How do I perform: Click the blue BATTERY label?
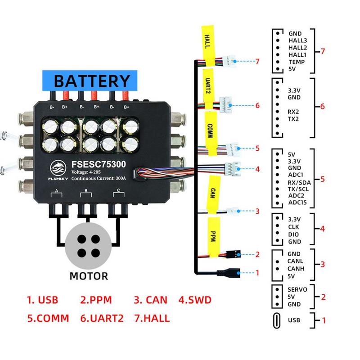pos(90,81)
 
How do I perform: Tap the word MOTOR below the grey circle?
pos(89,276)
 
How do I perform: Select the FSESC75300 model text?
pos(99,164)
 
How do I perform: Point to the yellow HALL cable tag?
pos(208,45)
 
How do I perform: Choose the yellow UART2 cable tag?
pos(208,89)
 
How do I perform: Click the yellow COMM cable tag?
pos(211,133)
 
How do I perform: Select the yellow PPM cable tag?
pos(213,237)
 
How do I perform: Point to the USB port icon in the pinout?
pos(277,320)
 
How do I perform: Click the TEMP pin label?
pos(297,62)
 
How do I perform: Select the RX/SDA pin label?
pos(299,183)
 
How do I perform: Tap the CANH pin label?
pos(296,268)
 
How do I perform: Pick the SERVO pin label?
pos(297,289)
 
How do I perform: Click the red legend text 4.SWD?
pos(195,300)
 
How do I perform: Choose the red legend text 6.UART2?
pos(102,319)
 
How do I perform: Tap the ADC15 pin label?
pos(297,202)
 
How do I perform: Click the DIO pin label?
pos(293,234)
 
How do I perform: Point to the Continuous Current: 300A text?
pos(99,178)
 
